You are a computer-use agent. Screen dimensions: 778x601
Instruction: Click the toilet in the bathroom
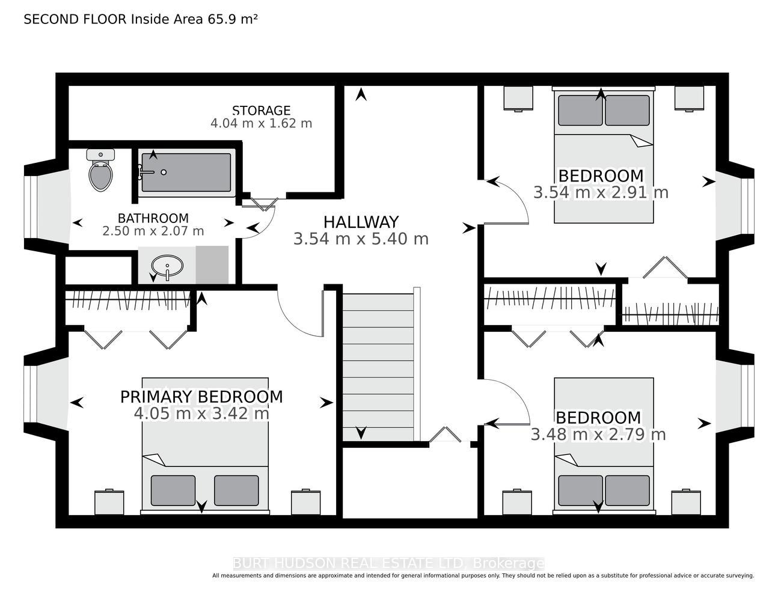click(100, 170)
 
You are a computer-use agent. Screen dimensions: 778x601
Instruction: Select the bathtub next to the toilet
click(186, 172)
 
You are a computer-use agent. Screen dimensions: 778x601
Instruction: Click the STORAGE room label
click(261, 110)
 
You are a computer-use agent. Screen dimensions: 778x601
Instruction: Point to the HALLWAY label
click(361, 222)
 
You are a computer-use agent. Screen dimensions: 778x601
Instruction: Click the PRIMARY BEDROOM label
click(201, 397)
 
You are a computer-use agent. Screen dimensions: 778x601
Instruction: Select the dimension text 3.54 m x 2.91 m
click(601, 192)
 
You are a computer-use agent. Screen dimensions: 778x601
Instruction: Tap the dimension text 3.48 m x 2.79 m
click(598, 435)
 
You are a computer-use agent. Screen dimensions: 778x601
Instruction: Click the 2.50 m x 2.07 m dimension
click(153, 231)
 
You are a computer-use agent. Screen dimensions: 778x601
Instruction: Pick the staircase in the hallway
click(378, 367)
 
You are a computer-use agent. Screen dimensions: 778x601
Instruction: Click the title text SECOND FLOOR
click(75, 19)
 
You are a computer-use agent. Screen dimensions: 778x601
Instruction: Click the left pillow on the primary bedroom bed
click(173, 490)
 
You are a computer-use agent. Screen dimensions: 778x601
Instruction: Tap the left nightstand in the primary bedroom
click(109, 502)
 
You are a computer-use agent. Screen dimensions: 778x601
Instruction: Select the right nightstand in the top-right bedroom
click(689, 99)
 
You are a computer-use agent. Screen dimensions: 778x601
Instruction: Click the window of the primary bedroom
click(31, 394)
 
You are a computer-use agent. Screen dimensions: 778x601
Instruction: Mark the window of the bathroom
click(31, 207)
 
